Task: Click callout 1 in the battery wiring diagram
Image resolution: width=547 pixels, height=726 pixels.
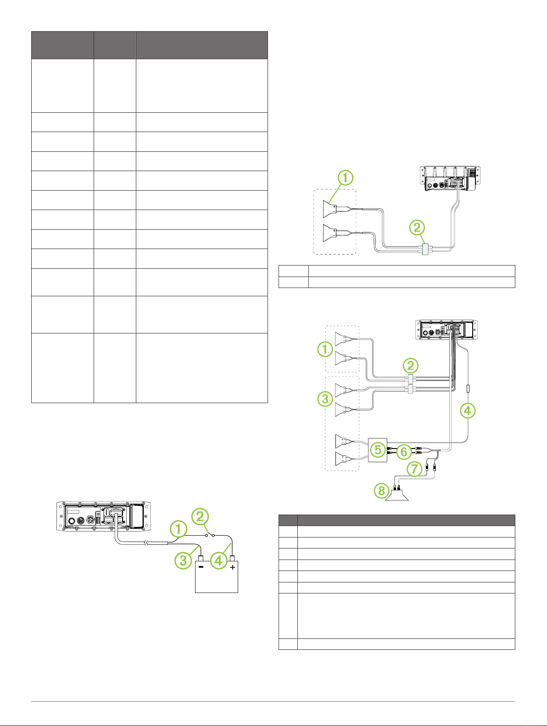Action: pyautogui.click(x=179, y=528)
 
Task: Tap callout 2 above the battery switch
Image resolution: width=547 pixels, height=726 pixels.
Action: pyautogui.click(x=200, y=516)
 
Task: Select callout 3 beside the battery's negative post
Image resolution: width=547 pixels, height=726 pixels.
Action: pyautogui.click(x=183, y=560)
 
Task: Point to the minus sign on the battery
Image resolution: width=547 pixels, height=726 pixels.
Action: pyautogui.click(x=201, y=567)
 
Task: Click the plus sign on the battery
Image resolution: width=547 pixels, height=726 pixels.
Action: pyautogui.click(x=233, y=567)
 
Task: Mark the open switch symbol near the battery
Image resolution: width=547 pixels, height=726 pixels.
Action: pyautogui.click(x=210, y=534)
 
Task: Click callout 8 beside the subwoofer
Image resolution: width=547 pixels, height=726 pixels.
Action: pyautogui.click(x=381, y=491)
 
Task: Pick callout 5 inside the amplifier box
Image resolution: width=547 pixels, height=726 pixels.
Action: pyautogui.click(x=378, y=449)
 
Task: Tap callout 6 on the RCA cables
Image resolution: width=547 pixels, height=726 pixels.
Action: pyautogui.click(x=404, y=452)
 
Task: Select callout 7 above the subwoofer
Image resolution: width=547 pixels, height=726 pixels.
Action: pyautogui.click(x=414, y=469)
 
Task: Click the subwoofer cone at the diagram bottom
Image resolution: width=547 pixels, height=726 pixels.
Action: pyautogui.click(x=397, y=495)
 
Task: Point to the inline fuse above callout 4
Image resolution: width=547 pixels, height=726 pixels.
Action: pyautogui.click(x=468, y=388)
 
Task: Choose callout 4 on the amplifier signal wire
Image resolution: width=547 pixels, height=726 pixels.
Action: pyautogui.click(x=468, y=410)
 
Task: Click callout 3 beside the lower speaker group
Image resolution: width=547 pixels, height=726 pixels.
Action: pyautogui.click(x=325, y=399)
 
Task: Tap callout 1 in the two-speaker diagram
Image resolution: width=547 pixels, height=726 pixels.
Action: pyautogui.click(x=345, y=177)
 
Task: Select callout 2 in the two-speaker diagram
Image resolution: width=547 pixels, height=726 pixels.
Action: pyautogui.click(x=417, y=227)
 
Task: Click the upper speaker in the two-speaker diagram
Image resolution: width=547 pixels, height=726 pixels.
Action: pyautogui.click(x=330, y=209)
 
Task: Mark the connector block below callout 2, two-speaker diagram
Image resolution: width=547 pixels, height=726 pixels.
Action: pyautogui.click(x=425, y=249)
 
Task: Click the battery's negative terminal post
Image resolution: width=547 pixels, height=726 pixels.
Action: pyautogui.click(x=201, y=559)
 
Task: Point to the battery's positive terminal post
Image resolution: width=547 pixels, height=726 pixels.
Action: pyautogui.click(x=232, y=559)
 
